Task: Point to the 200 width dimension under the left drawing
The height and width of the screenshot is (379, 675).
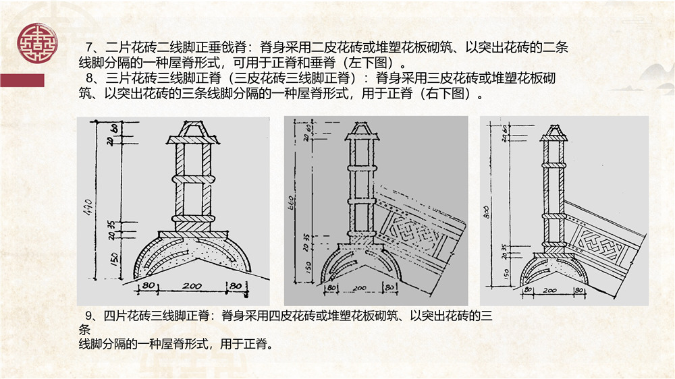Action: coord(192,287)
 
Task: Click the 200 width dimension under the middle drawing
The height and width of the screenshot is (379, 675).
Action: coord(358,288)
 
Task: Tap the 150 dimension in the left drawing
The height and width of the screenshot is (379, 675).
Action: coord(114,260)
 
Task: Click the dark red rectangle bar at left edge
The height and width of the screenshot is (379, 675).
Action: coord(22,80)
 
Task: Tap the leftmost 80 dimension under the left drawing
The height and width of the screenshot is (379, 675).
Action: coord(146,287)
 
